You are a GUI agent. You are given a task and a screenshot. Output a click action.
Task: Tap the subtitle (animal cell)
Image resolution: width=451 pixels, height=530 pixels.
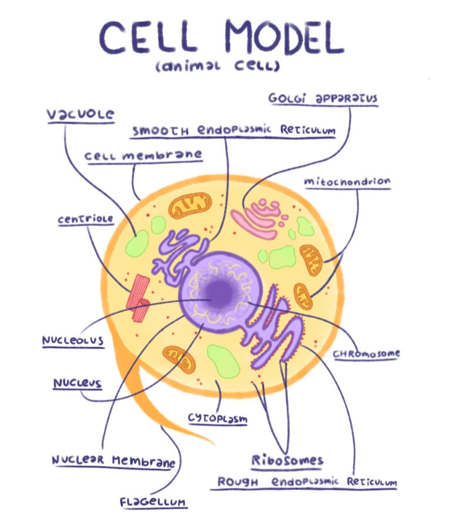pyautogui.click(x=218, y=66)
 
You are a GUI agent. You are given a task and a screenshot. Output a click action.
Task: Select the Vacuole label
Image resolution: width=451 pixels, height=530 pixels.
pyautogui.click(x=81, y=113)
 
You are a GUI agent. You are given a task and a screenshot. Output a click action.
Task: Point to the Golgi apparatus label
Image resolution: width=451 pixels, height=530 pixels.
pyautogui.click(x=323, y=98)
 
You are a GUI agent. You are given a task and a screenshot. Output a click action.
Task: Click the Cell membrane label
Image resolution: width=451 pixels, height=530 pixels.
pyautogui.click(x=144, y=156)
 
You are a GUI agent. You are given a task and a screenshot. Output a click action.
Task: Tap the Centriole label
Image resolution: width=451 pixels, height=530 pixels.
pyautogui.click(x=85, y=220)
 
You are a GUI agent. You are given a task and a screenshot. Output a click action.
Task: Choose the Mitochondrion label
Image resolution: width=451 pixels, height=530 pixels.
pyautogui.click(x=347, y=182)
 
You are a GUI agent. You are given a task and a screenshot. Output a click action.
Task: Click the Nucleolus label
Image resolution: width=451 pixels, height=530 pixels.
pyautogui.click(x=73, y=341)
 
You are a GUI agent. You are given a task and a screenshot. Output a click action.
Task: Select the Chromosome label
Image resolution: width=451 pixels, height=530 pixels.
pyautogui.click(x=366, y=354)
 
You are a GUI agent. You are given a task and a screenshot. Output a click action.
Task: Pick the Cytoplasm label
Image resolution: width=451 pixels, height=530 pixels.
pyautogui.click(x=218, y=418)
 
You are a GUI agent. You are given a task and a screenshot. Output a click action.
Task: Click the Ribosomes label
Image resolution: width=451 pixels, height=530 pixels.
pyautogui.click(x=288, y=459)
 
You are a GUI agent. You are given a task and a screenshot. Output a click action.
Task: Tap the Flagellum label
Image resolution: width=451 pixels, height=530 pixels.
pyautogui.click(x=153, y=502)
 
